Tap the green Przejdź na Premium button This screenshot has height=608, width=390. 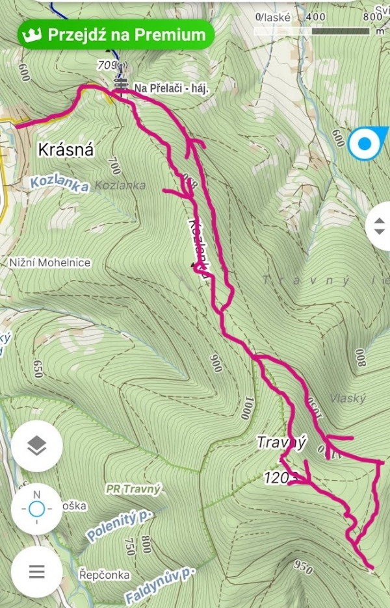point(116,35)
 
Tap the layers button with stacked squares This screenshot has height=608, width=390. point(37,446)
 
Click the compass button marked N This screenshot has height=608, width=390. point(37,509)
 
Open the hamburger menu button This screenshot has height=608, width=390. point(37,572)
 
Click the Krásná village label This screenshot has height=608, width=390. point(66,150)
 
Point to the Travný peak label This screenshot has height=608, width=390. point(281,443)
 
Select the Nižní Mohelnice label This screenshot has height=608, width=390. point(50,263)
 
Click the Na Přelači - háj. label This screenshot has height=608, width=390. point(171,88)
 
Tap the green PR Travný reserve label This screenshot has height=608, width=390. point(133,487)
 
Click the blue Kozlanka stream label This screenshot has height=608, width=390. point(58,184)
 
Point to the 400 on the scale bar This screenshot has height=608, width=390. point(315,16)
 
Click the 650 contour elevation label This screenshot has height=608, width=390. point(38,368)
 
